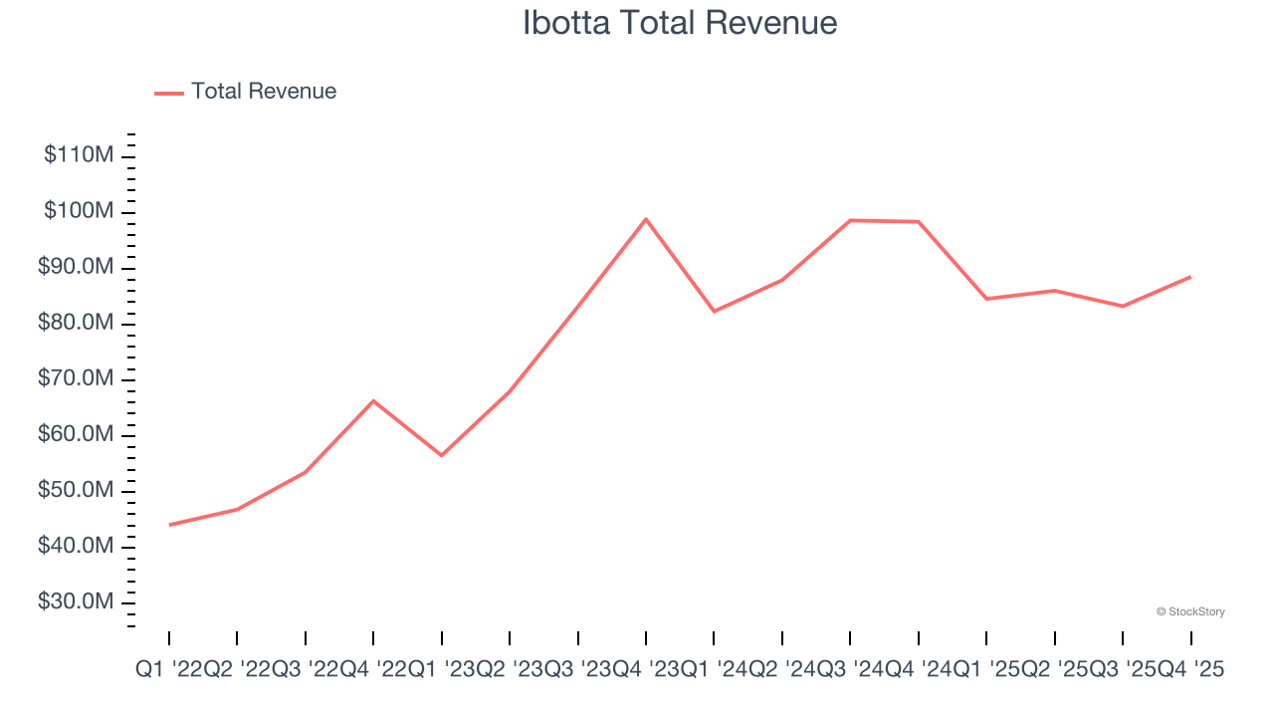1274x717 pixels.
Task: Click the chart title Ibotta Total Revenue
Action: click(x=680, y=23)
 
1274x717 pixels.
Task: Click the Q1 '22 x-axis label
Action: click(x=169, y=670)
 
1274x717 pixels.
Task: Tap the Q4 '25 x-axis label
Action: click(x=1190, y=670)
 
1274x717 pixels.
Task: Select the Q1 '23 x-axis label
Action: click(x=442, y=670)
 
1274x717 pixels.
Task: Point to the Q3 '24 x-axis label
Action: click(x=850, y=670)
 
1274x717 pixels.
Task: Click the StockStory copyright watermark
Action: click(x=1190, y=611)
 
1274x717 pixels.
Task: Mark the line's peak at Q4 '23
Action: click(x=646, y=219)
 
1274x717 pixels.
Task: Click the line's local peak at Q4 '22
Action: click(x=373, y=400)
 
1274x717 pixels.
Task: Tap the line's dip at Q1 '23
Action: click(x=442, y=455)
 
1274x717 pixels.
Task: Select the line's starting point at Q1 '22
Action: click(x=169, y=525)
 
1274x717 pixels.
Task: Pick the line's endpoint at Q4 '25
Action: click(x=1190, y=277)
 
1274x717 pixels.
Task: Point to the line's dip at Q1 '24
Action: click(x=714, y=312)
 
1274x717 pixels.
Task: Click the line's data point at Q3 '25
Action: click(x=1123, y=306)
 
